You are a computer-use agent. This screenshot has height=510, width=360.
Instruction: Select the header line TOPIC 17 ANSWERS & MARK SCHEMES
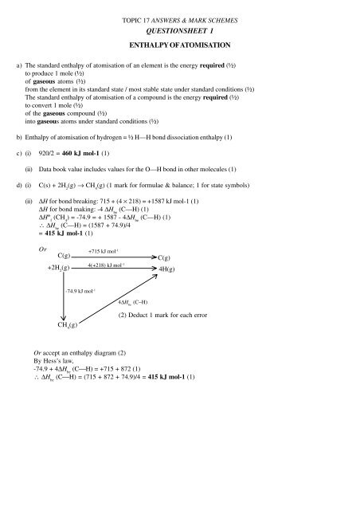click(x=180, y=17)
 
